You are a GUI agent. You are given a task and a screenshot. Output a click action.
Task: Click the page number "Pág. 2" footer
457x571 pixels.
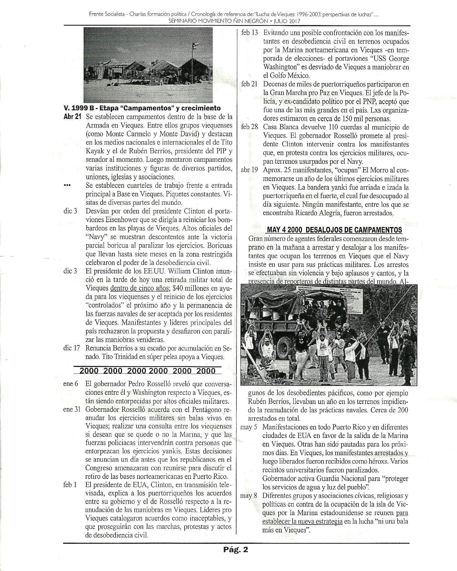click(235, 549)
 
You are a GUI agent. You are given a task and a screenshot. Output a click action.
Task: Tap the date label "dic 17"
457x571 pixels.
click(72, 348)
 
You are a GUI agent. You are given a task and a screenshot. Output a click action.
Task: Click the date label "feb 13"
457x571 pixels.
click(249, 33)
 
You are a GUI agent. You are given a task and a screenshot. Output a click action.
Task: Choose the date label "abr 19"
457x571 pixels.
click(249, 170)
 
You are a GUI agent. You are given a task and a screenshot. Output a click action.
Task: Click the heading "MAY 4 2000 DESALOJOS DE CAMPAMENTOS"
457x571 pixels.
click(334, 230)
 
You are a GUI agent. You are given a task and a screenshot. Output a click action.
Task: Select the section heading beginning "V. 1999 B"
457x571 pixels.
click(142, 108)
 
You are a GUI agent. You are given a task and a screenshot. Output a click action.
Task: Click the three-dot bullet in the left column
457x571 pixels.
click(67, 186)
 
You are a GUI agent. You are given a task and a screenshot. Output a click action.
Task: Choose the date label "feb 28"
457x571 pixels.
click(249, 127)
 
